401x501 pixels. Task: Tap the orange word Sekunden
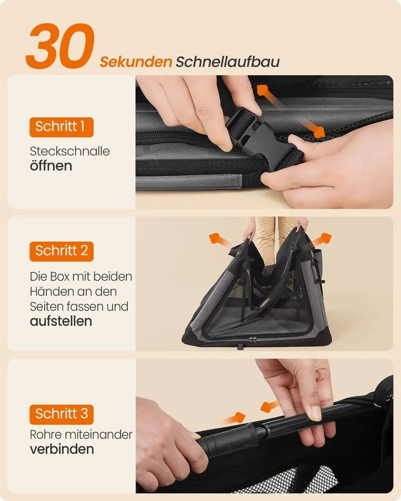pyautogui.click(x=135, y=62)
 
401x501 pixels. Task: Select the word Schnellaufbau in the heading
pyautogui.click(x=228, y=62)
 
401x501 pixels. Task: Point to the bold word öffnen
pyautogui.click(x=51, y=166)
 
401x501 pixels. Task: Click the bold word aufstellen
pyautogui.click(x=61, y=321)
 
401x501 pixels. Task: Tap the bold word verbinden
pyautogui.click(x=62, y=449)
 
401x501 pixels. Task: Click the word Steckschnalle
pyautogui.click(x=70, y=151)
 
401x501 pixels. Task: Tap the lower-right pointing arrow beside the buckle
pyautogui.click(x=314, y=128)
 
